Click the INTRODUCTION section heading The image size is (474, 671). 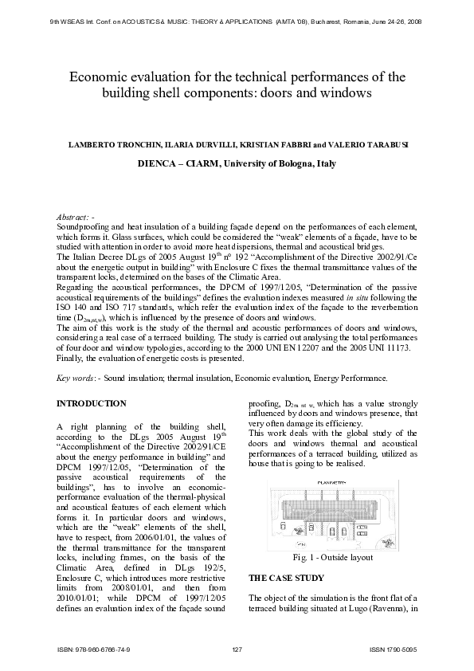[x=92, y=404]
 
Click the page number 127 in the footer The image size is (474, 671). [x=237, y=650]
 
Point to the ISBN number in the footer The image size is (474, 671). [x=94, y=650]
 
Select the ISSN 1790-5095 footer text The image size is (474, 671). [x=394, y=650]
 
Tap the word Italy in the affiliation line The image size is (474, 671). [x=327, y=163]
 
